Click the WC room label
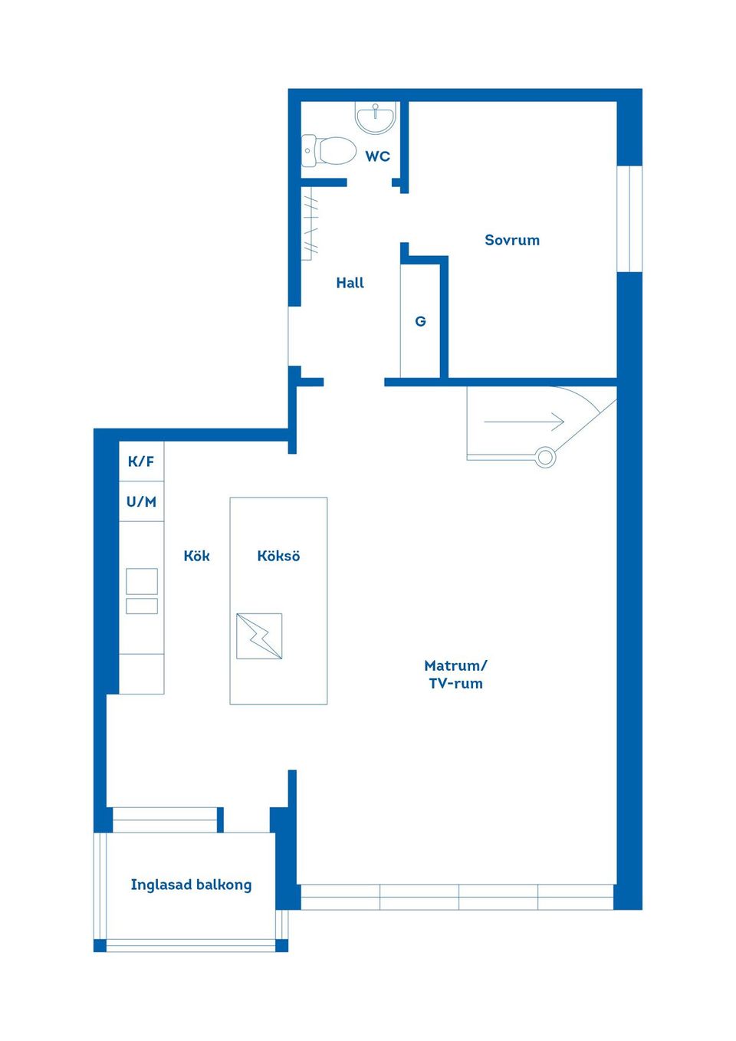tap(377, 156)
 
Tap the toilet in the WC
tap(328, 150)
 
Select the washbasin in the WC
tap(376, 117)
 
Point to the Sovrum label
tap(512, 240)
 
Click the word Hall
tap(350, 283)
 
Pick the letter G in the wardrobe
tap(420, 321)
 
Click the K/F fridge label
tap(141, 461)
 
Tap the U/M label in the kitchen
tap(141, 501)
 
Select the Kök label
tap(196, 555)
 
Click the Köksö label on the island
tap(278, 555)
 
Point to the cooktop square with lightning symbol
tap(259, 636)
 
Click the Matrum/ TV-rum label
tap(456, 675)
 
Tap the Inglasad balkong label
tap(191, 885)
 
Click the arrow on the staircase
tap(524, 422)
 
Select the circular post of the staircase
tap(546, 458)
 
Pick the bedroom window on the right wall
tap(629, 218)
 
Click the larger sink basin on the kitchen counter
tap(142, 581)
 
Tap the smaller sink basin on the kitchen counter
tap(142, 606)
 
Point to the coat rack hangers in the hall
tap(310, 223)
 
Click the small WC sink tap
tap(375, 110)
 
